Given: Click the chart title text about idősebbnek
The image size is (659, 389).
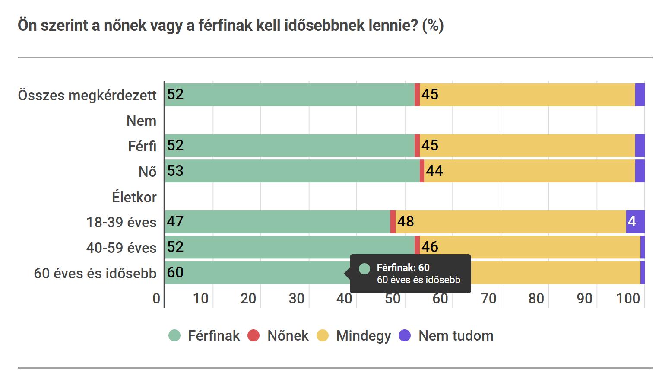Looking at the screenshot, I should tap(231, 26).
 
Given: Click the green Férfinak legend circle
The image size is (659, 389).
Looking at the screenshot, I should tap(174, 336).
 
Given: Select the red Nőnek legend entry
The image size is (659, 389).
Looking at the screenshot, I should tap(279, 336).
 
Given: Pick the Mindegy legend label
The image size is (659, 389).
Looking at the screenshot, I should tap(363, 336).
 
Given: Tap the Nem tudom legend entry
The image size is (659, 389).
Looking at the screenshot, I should tap(456, 336).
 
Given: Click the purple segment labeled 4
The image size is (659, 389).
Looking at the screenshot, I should tap(635, 222).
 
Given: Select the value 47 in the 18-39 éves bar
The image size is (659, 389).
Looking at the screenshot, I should tap(175, 222).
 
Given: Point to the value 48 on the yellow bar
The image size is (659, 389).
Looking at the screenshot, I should tap(406, 222).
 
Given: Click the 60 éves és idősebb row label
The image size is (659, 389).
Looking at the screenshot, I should tap(95, 273).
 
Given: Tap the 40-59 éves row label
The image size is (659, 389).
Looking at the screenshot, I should tap(121, 248).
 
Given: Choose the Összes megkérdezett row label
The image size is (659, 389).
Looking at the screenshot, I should tap(87, 95).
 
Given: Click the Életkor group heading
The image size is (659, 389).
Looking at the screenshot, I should tap(134, 198).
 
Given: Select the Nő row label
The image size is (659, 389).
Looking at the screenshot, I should tap(147, 172).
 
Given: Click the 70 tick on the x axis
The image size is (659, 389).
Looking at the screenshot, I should tap(488, 298).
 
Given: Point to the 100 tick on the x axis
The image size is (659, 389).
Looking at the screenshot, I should tap(628, 298).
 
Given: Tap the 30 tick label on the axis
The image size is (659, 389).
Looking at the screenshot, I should tap(296, 298).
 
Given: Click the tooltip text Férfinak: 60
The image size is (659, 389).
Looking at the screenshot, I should tap(403, 268).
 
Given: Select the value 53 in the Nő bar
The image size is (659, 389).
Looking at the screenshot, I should tap(175, 171).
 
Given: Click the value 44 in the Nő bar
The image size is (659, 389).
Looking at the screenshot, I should tap(434, 171).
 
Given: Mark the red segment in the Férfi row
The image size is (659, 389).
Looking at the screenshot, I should tap(417, 146).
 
